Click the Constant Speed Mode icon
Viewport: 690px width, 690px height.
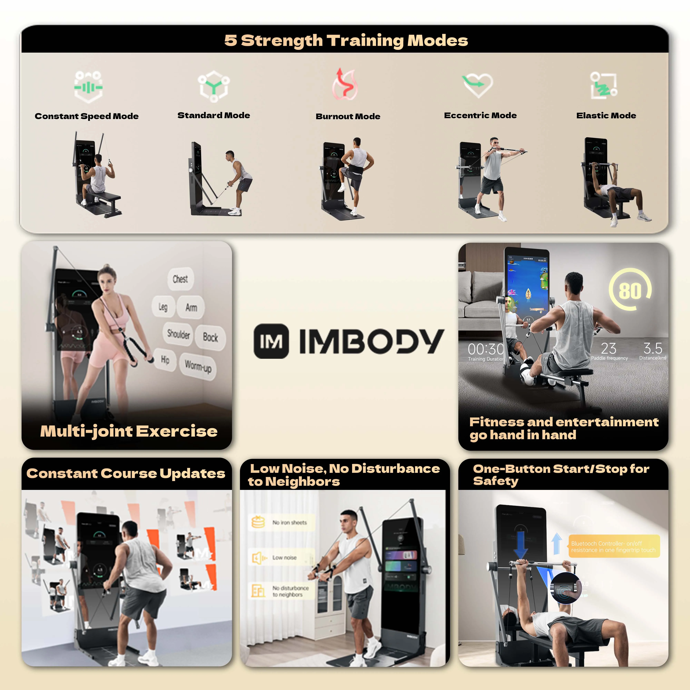88,87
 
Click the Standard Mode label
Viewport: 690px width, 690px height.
214,115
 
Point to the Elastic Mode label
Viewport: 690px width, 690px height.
606,116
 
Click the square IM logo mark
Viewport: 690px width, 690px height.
271,341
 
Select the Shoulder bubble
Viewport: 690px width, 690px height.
179,334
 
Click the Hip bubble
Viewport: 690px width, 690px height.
165,359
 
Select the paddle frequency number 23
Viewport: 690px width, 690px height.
609,348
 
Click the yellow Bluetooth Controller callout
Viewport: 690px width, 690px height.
614,546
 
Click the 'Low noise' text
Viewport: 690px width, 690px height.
284,558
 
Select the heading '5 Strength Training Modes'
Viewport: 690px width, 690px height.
346,40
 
